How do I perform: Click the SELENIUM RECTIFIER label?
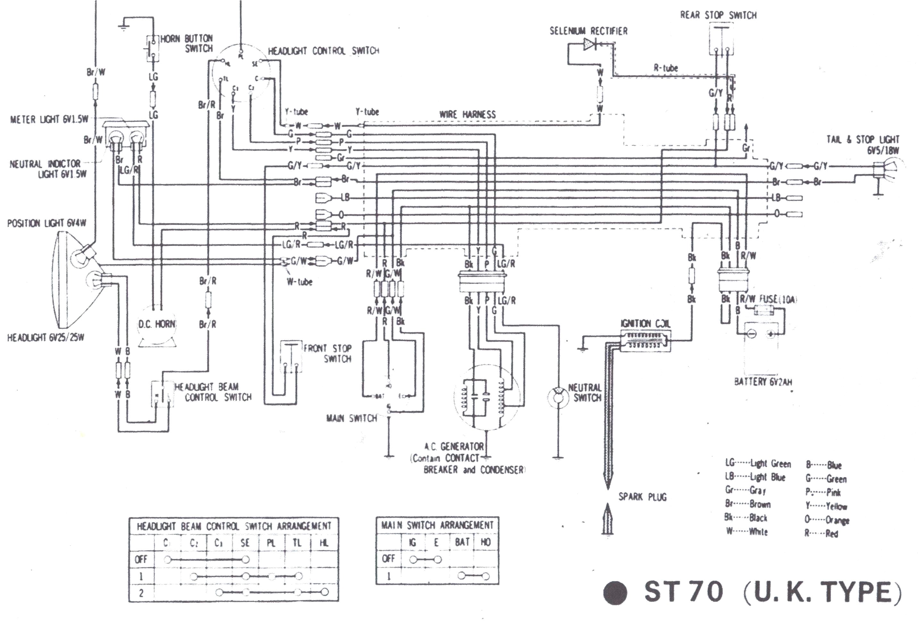tap(588, 31)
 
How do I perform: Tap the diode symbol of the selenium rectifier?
tap(589, 44)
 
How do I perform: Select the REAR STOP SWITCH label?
tap(718, 15)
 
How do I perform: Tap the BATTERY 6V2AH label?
tap(763, 382)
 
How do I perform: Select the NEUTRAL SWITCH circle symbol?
tap(557, 396)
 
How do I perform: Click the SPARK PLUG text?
tap(642, 497)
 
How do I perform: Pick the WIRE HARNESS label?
tap(467, 114)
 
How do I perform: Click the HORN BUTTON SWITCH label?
tap(187, 44)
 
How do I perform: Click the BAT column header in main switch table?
tap(462, 542)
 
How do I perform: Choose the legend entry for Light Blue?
tap(755, 477)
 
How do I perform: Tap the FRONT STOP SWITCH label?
tap(327, 353)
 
